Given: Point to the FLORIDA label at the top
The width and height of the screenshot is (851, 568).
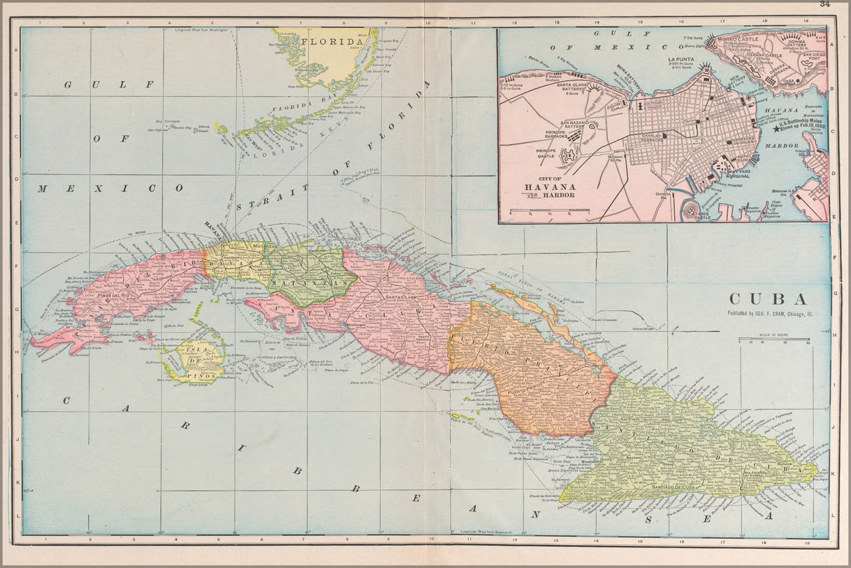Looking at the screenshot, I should [332, 41].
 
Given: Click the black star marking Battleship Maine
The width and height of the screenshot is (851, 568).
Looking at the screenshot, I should [777, 130].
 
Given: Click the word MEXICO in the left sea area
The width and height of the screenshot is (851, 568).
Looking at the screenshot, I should [110, 189].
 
